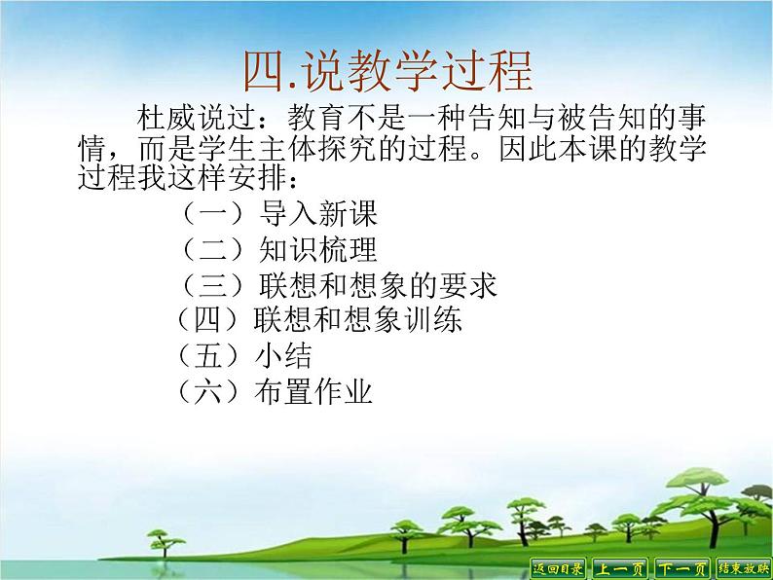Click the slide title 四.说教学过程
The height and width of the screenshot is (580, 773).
(x=386, y=70)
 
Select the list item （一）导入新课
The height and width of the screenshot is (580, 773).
(x=278, y=213)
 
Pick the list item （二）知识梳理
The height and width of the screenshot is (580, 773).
(x=278, y=250)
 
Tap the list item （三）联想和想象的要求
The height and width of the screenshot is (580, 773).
(x=339, y=285)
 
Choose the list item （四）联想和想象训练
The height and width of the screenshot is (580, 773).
(x=317, y=320)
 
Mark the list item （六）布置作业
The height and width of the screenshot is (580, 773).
(x=274, y=391)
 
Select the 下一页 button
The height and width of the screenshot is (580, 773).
(x=681, y=567)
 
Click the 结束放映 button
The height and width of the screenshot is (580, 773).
(x=743, y=567)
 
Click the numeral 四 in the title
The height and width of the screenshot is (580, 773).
(x=265, y=70)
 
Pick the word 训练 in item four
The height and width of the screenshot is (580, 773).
(x=437, y=320)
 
